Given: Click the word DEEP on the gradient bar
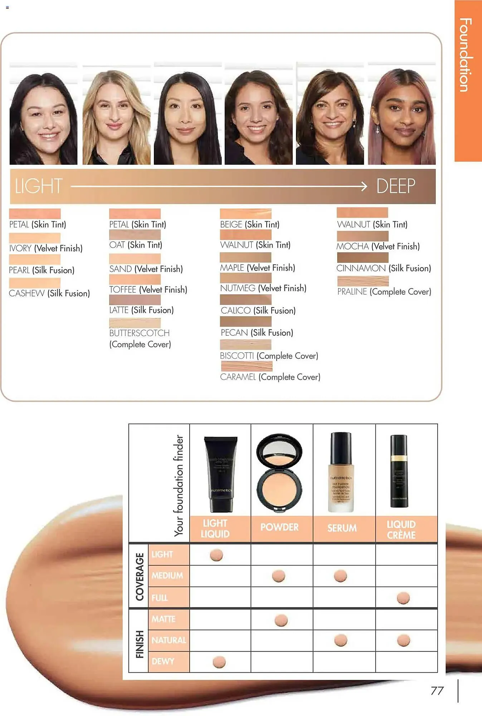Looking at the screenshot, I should pos(395,186).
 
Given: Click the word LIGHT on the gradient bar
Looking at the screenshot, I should pos(39,186).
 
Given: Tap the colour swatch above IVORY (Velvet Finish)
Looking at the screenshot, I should pos(35,238).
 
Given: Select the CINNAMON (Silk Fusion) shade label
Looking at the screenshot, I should pos(384,268).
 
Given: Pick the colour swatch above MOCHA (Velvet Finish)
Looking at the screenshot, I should pos(362,236).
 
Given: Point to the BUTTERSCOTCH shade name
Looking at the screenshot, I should pos(139,333).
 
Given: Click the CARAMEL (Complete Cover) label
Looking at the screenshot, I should pos(270,377).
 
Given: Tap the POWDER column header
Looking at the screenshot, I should pos(279,527).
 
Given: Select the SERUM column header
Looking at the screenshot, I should pos(342,528).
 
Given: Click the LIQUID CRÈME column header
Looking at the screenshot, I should pos(401,529).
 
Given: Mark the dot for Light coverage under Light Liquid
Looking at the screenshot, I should pos(216,555).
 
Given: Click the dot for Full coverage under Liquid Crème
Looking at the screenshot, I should pos(403,598).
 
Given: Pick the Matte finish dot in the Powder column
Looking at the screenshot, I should pos(281,620).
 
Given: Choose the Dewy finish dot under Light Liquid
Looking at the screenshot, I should pos(219,662).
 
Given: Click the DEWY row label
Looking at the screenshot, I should pos(163,662).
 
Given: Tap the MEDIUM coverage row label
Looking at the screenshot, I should pos(167,576).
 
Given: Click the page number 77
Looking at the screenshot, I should pos(437,691).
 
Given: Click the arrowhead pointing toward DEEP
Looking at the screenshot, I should pos(364,186).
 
